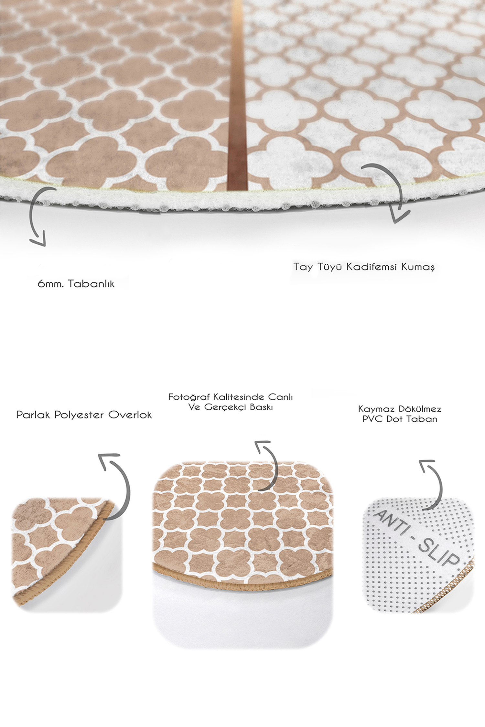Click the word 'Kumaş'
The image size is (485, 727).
coord(418,267)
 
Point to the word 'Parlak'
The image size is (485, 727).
coord(33,415)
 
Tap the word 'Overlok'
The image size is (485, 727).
coord(130,415)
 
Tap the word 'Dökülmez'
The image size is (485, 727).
coord(420,409)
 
